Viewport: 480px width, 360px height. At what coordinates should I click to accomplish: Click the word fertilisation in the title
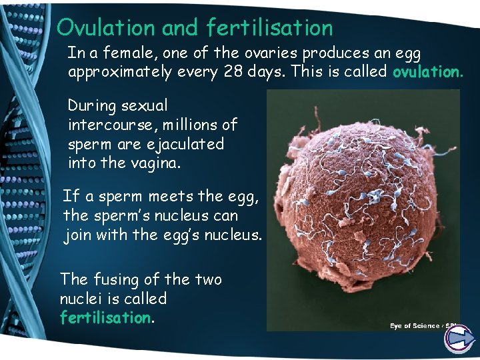tap(269, 27)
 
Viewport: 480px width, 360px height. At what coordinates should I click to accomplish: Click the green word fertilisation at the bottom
tap(105, 318)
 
